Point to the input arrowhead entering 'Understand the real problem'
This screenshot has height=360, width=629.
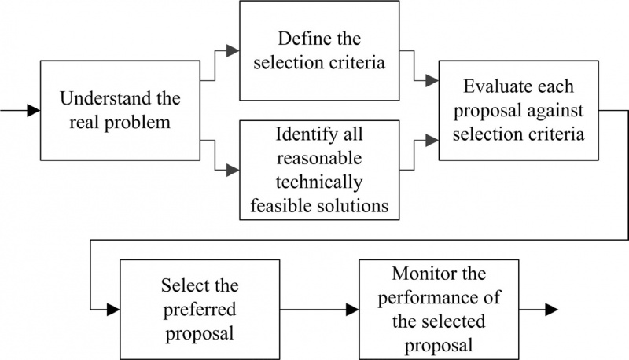(33, 111)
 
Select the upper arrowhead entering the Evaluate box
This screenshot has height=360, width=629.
(432, 79)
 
